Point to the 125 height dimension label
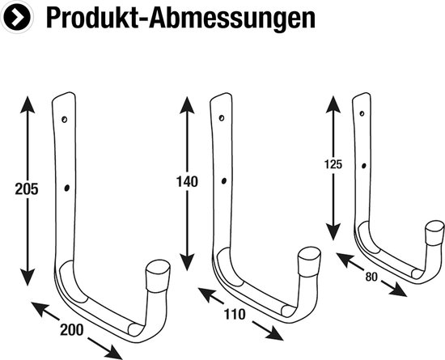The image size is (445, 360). click(332, 163)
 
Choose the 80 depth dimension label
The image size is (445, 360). click(372, 277)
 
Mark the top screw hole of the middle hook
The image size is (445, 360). click(222, 116)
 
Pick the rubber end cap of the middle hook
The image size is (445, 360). click(308, 264)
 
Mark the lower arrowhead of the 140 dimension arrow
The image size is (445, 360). click(186, 262)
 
